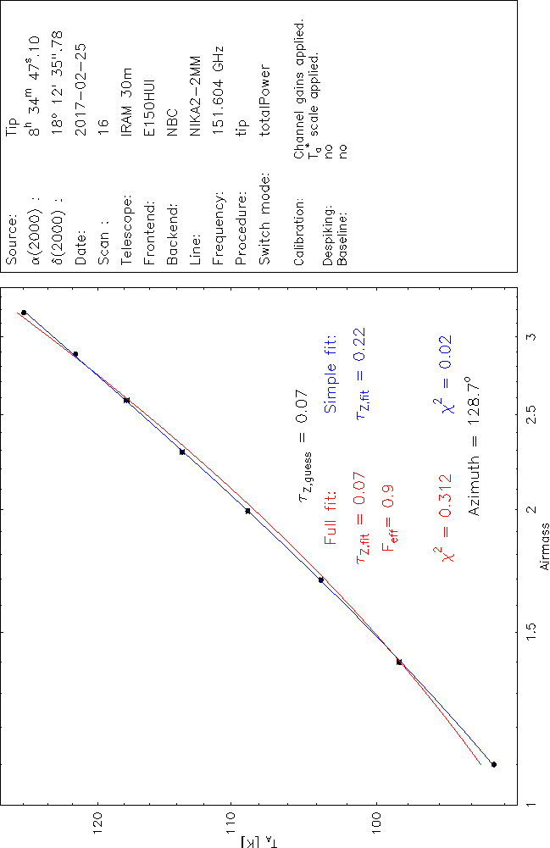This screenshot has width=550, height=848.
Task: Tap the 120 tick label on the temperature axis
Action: point(100,824)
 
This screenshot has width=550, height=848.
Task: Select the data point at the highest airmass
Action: point(24,313)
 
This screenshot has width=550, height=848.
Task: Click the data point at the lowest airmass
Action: point(494,764)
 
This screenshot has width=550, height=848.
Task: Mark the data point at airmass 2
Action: point(247,511)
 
